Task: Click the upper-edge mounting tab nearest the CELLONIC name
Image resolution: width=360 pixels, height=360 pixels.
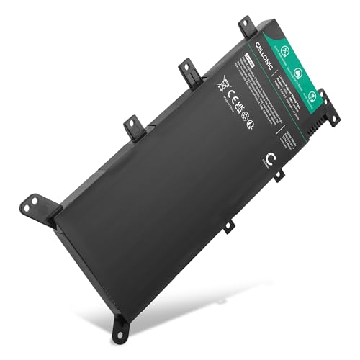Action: [x=246, y=26]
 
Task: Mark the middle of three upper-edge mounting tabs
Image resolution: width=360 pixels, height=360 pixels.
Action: [x=189, y=70]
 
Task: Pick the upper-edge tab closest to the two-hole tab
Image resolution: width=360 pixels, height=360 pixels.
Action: [x=135, y=127]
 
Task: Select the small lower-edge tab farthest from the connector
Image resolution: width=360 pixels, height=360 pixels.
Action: [x=228, y=226]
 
